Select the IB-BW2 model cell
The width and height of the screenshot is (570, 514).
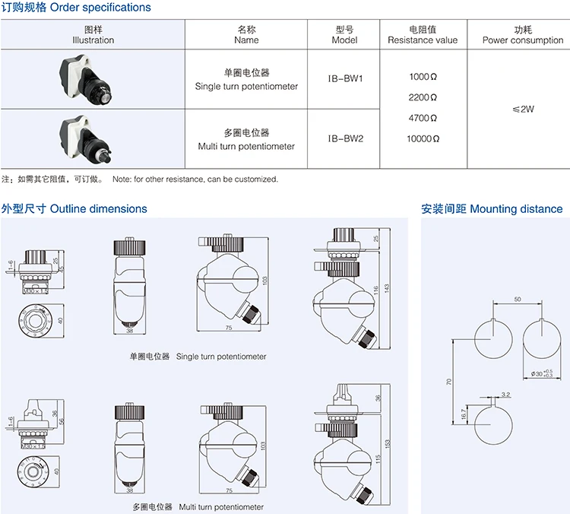346,139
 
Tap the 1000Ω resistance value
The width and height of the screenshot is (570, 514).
423,77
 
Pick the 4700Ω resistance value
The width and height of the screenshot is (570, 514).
423,119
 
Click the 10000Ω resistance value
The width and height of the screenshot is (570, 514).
423,139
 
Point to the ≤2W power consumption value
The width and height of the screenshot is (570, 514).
524,109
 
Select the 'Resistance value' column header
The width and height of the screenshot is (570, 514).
423,35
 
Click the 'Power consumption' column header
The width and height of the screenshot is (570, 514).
523,35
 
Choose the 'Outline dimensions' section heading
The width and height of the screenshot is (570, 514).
74,208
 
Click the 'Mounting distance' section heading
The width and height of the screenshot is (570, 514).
492,208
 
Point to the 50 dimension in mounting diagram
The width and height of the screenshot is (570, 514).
518,300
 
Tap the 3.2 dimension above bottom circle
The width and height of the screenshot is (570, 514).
506,395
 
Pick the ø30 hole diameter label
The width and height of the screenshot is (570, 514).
541,373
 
